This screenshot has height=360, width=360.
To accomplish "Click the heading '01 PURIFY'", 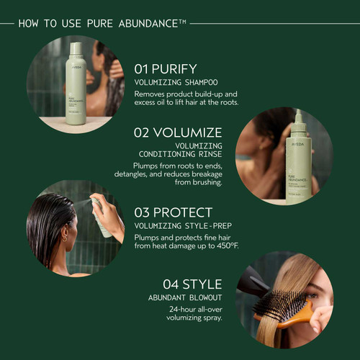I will coord(165,69).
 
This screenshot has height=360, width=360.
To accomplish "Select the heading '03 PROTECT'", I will coord(174,212).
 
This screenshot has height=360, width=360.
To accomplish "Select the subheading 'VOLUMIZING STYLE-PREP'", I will coord(183,225).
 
